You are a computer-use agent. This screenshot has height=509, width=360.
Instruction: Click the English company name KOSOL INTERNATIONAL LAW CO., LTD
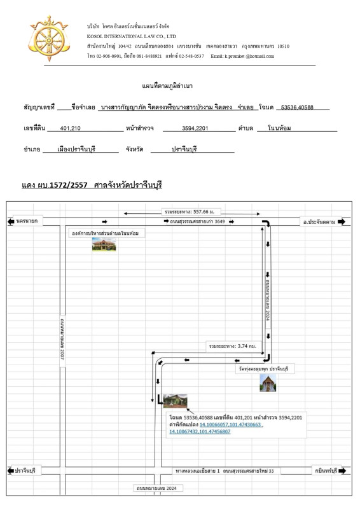132,37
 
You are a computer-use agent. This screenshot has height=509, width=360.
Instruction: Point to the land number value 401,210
70,129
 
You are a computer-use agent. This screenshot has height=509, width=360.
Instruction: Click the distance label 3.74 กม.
232,347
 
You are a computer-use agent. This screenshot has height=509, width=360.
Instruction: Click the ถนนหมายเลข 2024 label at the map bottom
158,487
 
